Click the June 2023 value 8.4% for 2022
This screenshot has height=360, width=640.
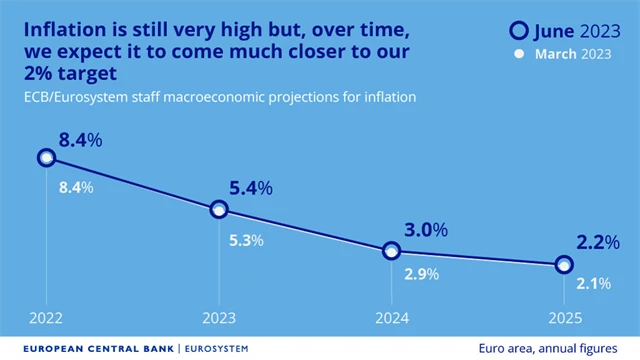[x=80, y=141]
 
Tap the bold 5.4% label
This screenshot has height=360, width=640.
[x=252, y=188]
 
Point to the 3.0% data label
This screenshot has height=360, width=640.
[x=419, y=231]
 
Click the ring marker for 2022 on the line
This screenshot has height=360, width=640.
[x=46, y=157]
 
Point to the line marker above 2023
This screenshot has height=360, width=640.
[x=219, y=209]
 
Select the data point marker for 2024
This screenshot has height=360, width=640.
[x=392, y=250]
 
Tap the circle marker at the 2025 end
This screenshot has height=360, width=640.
[x=564, y=265]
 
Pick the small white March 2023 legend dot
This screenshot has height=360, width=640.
[x=519, y=54]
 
